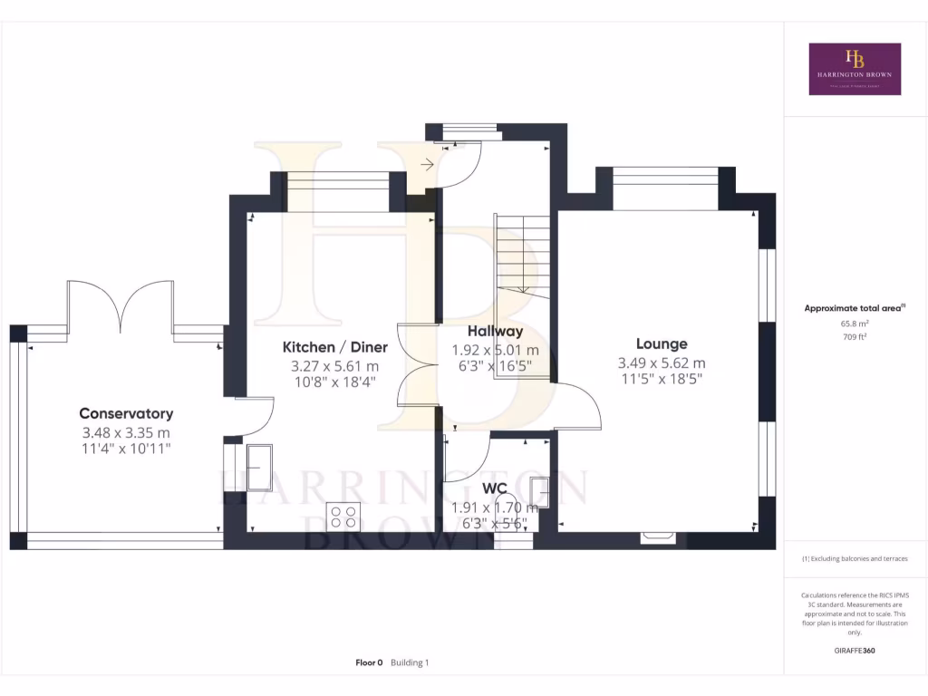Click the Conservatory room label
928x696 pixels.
126,413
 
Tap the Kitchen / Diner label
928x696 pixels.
334,347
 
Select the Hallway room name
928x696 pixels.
495,332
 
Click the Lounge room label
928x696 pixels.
662,343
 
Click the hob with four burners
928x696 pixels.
343,517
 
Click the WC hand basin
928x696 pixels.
540,492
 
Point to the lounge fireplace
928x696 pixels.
658,537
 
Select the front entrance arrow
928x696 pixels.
427,164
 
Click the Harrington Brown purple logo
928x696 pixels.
855,69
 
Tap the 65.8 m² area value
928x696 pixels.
855,323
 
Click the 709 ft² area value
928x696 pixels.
855,336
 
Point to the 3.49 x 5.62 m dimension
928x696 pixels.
662,363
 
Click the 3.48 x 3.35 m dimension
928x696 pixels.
126,432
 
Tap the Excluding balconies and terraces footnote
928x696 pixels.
855,559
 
